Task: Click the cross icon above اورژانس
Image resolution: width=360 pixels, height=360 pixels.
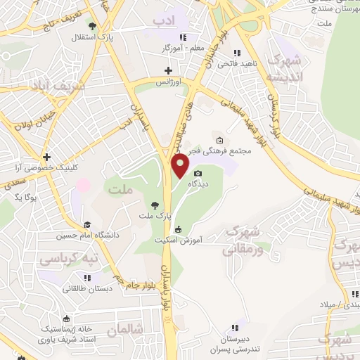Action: pyautogui.click(x=167, y=70)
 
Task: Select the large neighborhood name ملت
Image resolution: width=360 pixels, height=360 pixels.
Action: pyautogui.click(x=118, y=188)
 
